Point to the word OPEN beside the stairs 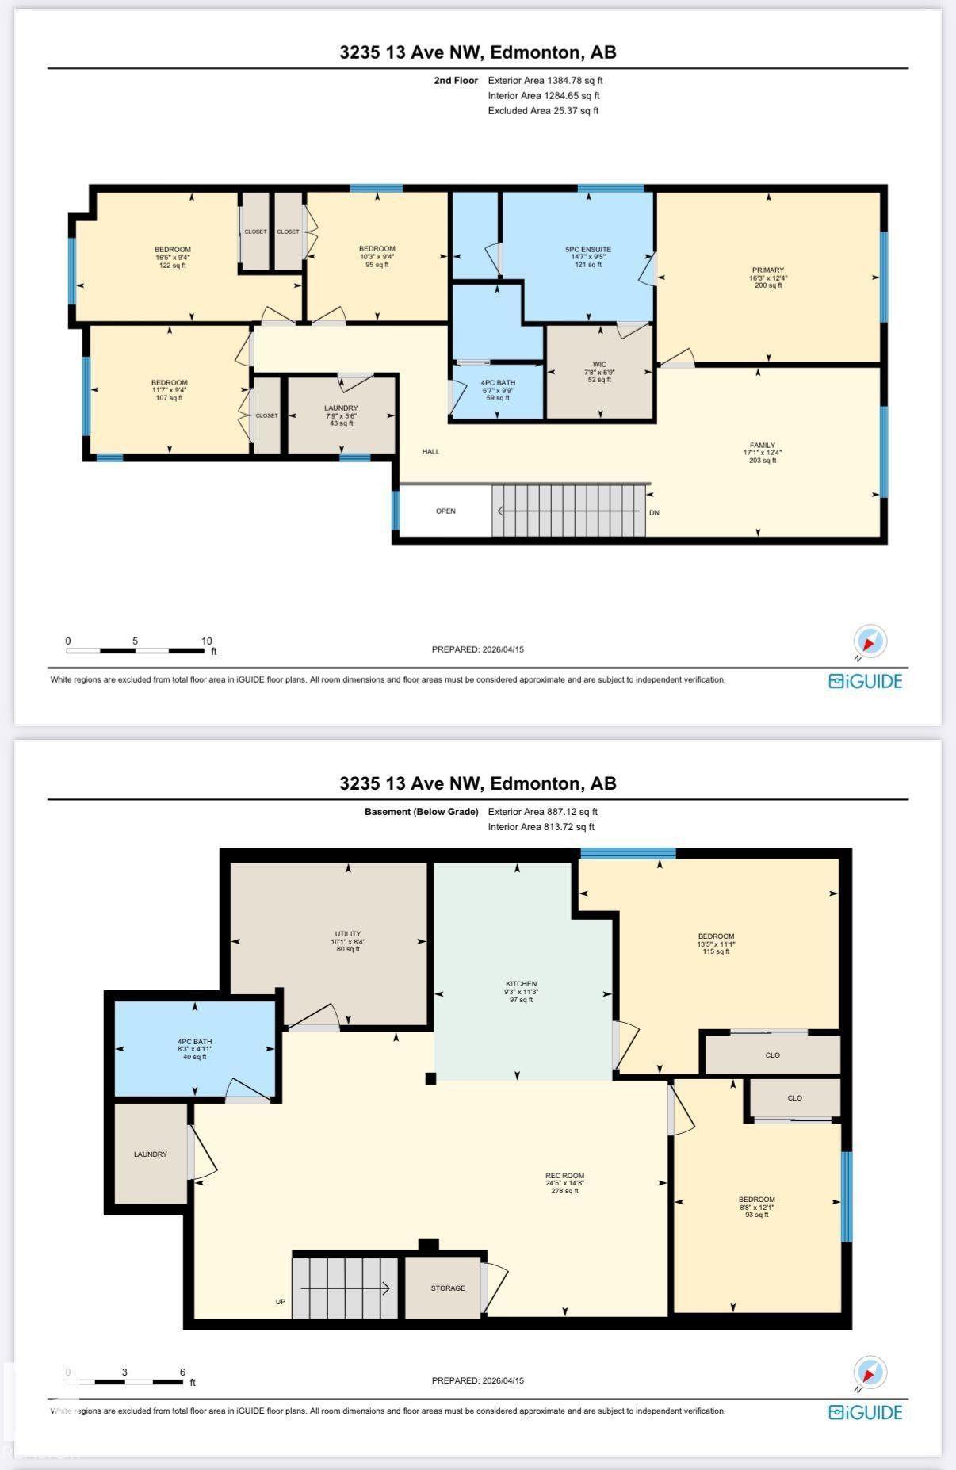click(445, 511)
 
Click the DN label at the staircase click(654, 513)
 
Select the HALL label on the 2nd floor click(430, 452)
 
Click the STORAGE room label click(448, 1288)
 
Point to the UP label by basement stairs click(280, 1302)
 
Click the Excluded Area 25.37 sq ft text click(543, 111)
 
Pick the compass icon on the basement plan click(870, 1372)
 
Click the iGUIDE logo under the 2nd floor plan click(865, 681)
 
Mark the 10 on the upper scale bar click(206, 641)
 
